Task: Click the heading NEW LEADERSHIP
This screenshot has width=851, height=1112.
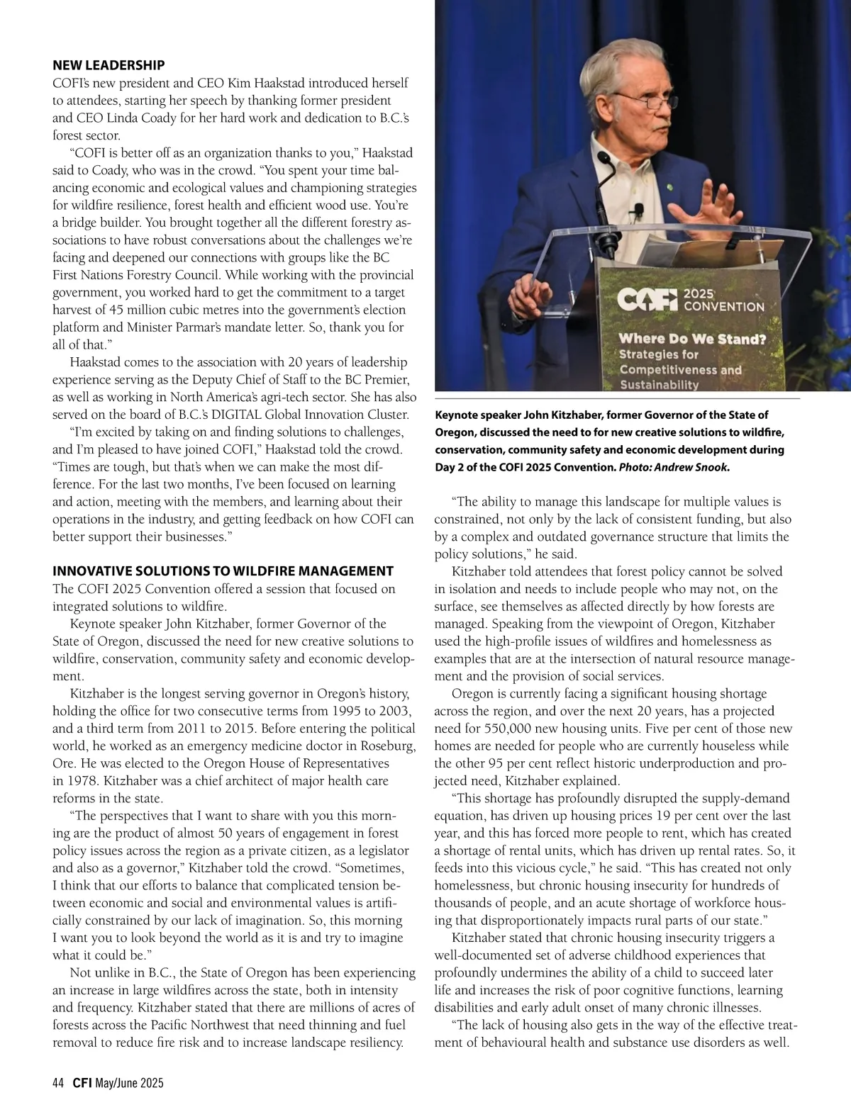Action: [x=109, y=65]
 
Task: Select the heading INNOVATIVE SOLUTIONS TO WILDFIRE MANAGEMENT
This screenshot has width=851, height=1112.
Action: [x=223, y=571]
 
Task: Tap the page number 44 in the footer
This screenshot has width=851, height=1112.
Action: [x=58, y=1083]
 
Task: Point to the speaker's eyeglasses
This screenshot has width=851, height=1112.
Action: [x=647, y=102]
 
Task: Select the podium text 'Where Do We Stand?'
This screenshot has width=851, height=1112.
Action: [x=692, y=339]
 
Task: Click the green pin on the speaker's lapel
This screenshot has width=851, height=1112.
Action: [x=669, y=188]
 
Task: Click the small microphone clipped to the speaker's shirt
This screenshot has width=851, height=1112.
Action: [x=638, y=210]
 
